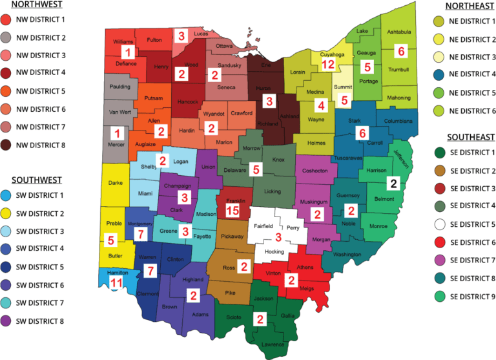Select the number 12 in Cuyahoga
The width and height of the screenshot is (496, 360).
pyautogui.click(x=328, y=64)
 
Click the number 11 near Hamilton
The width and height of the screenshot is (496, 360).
pyautogui.click(x=116, y=283)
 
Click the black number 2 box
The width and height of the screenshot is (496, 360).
pyautogui.click(x=393, y=184)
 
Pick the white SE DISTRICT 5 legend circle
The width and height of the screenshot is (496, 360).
pyautogui.click(x=440, y=224)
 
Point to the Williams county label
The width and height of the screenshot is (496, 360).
pyautogui.click(x=123, y=42)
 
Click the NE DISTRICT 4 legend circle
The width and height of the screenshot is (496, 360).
pyautogui.click(x=440, y=74)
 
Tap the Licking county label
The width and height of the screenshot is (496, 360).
pyautogui.click(x=273, y=192)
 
